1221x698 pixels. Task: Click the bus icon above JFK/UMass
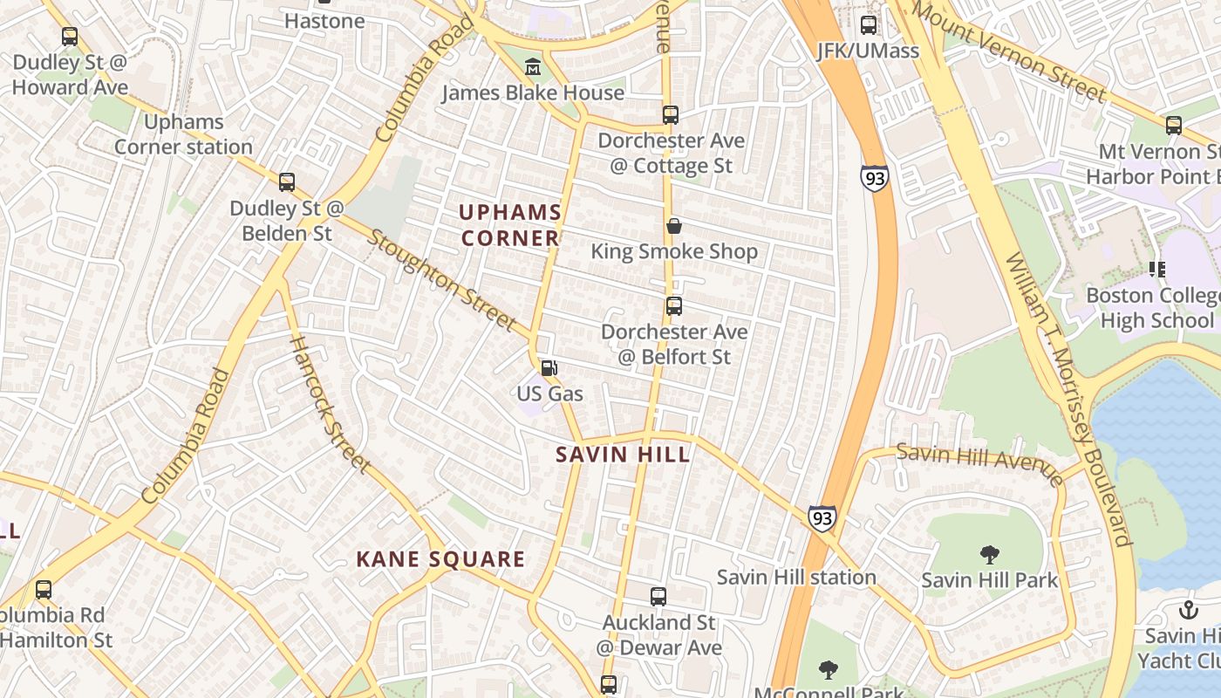[x=868, y=24]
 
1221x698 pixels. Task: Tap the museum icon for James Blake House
[x=532, y=66]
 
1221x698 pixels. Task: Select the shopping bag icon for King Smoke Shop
[x=674, y=227]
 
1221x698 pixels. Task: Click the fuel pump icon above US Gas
[x=549, y=368]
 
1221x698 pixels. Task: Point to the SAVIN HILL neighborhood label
[x=623, y=455]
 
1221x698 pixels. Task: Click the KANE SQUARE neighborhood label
[x=440, y=559]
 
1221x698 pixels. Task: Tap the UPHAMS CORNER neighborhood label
[x=510, y=225]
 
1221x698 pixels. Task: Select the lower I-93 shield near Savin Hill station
[x=822, y=518]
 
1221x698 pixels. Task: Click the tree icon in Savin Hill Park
[x=989, y=554]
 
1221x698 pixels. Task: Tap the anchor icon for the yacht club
[x=1188, y=610]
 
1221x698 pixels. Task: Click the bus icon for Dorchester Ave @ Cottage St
[x=670, y=114]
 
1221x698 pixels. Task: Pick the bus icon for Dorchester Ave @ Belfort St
[x=673, y=306]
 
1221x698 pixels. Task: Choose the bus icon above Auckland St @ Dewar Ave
[x=658, y=597]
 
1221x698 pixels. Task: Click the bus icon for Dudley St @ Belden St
[x=287, y=182]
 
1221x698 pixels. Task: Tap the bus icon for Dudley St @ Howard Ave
[x=70, y=37]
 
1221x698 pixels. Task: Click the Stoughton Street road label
[x=442, y=280]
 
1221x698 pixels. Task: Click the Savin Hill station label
[x=796, y=577]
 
